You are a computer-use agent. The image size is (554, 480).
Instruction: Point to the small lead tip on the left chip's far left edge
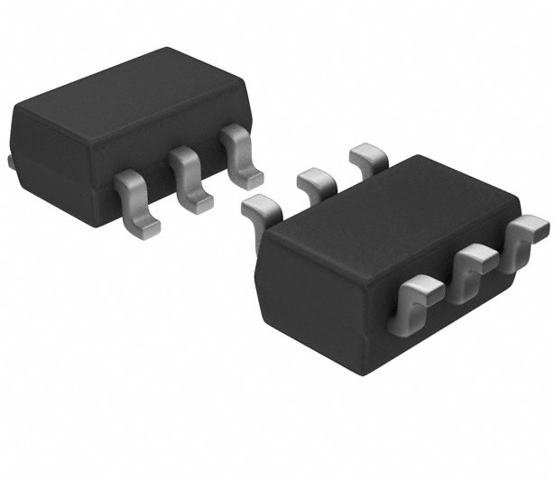[10, 162]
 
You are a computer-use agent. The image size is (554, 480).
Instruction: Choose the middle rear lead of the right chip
[316, 180]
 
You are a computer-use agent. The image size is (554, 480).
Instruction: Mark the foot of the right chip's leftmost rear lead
[256, 207]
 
